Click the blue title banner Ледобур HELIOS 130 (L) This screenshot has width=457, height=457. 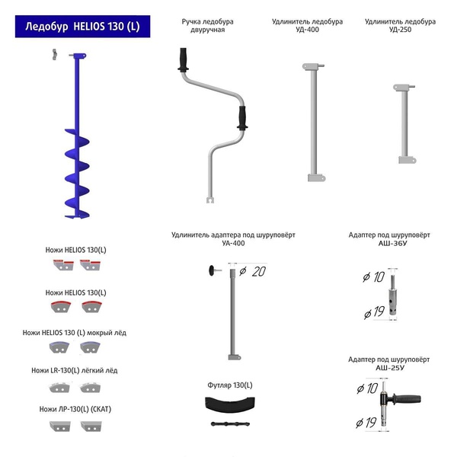[x=83, y=27]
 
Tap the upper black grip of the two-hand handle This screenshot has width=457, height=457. [x=183, y=59]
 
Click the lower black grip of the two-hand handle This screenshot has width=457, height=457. [x=242, y=118]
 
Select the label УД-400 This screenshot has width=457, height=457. [x=307, y=30]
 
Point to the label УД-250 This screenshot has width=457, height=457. [x=400, y=30]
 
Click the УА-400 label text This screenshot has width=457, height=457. [x=233, y=244]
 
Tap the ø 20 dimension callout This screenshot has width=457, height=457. [x=252, y=272]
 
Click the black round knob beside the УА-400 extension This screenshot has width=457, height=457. [x=211, y=270]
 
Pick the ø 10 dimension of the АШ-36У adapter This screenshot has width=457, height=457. [x=374, y=277]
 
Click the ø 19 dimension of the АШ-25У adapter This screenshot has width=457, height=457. [x=366, y=423]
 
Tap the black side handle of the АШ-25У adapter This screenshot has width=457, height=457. [x=407, y=398]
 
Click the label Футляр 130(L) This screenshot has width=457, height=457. [x=230, y=385]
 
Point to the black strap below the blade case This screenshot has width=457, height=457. [x=230, y=423]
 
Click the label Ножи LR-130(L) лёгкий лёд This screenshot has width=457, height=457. [x=75, y=370]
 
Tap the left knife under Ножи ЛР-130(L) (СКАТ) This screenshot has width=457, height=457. [x=60, y=427]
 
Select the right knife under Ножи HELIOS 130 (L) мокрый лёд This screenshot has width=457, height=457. [x=91, y=347]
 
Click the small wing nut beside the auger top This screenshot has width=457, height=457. [x=54, y=55]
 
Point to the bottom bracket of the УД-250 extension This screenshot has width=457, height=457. [x=407, y=160]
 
